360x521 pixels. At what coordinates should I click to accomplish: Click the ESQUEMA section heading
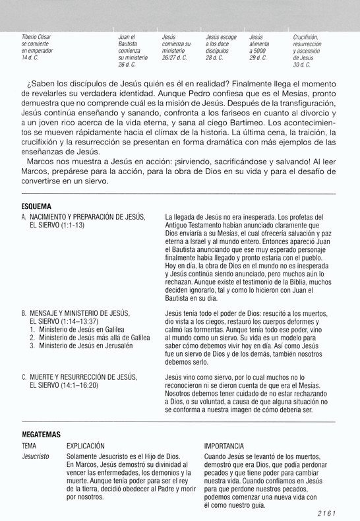(36, 206)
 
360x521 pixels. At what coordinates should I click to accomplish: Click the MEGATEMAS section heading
(41, 435)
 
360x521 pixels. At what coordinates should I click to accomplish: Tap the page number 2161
(326, 512)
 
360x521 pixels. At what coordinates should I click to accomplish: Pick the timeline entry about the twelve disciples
(222, 47)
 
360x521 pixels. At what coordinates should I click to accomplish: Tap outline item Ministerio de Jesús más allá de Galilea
(94, 337)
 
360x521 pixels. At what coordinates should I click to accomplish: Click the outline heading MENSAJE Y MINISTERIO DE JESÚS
(79, 313)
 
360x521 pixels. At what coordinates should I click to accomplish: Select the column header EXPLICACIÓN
(86, 446)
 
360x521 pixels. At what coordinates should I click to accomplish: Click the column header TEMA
(29, 446)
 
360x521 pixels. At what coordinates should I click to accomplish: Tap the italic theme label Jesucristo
(36, 456)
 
